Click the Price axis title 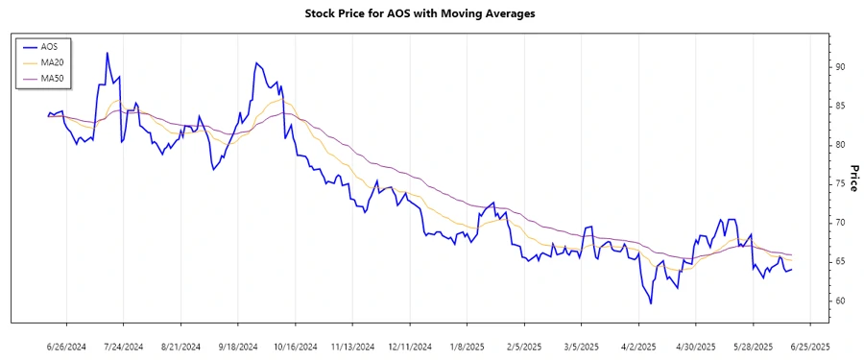point(852,179)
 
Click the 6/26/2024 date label point(66,346)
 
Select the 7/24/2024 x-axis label point(123,346)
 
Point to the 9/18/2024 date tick point(237,346)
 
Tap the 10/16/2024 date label point(295,346)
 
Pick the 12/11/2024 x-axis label point(409,346)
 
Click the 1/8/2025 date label point(467,346)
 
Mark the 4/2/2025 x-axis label point(638,346)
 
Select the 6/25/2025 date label point(809,346)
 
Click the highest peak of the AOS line point(108,53)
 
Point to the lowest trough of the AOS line point(651,303)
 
